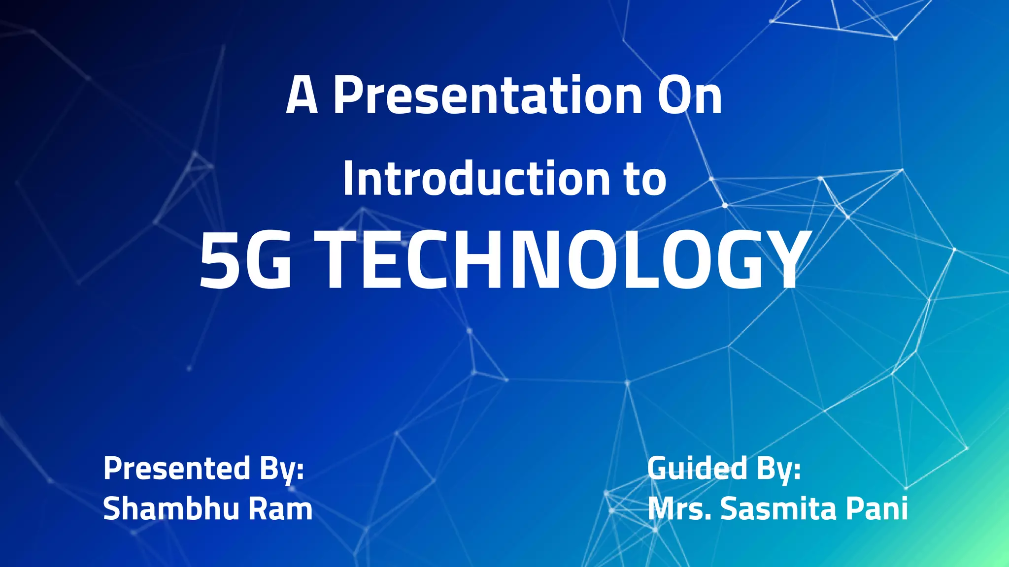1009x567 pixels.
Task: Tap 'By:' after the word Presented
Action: tap(282, 469)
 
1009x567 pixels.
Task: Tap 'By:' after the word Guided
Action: tap(779, 469)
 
